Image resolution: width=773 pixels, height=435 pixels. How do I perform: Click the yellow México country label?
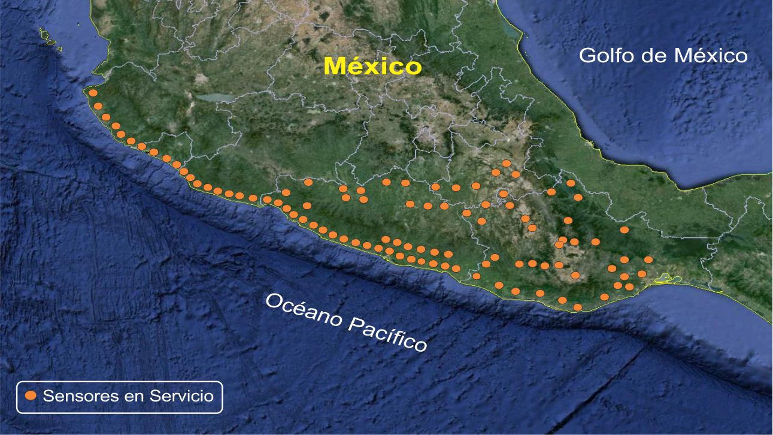(372, 66)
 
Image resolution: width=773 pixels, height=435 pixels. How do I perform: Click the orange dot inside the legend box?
(31, 396)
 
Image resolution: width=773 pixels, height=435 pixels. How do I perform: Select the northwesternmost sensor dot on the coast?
(93, 93)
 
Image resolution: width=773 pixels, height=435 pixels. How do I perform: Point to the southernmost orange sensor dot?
(577, 307)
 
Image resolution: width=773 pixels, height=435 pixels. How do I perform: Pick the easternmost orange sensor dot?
(648, 259)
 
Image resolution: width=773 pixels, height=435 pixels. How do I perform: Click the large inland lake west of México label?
(213, 97)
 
